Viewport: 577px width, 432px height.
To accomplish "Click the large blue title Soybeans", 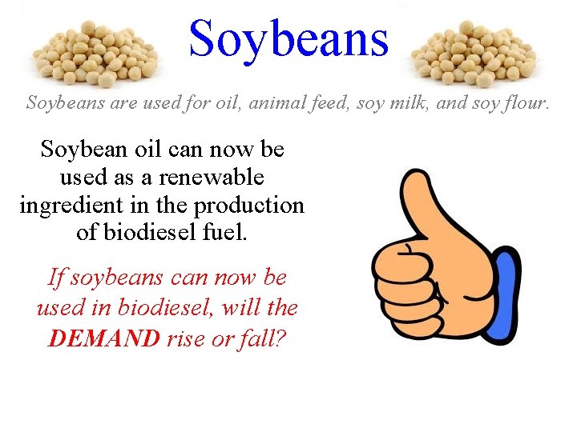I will click(288, 38).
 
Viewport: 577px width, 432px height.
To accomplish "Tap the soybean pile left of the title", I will click(95, 54).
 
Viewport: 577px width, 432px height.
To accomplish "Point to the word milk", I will click(409, 102).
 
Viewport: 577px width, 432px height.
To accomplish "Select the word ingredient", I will click(71, 205).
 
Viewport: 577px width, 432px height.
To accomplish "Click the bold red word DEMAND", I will click(104, 338).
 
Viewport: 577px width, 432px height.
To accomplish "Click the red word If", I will click(55, 278).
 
